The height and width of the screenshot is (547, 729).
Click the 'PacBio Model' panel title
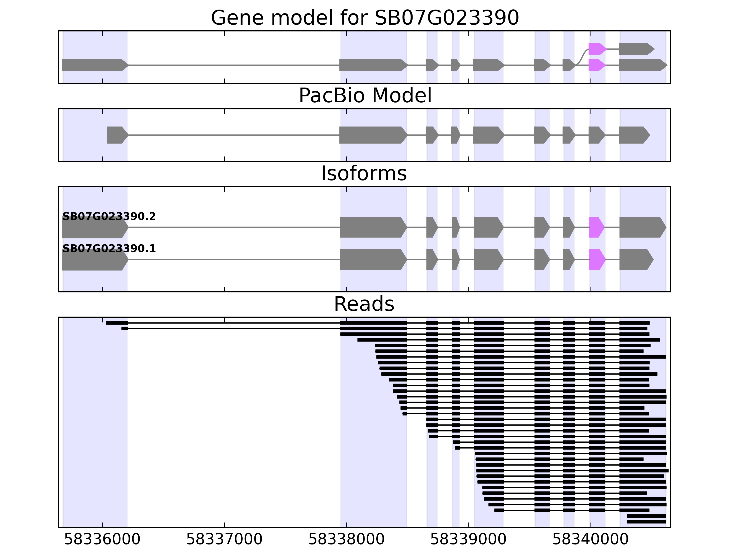(365, 96)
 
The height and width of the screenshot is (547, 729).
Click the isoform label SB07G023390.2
(109, 216)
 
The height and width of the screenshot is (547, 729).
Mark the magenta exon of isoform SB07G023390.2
(596, 227)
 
